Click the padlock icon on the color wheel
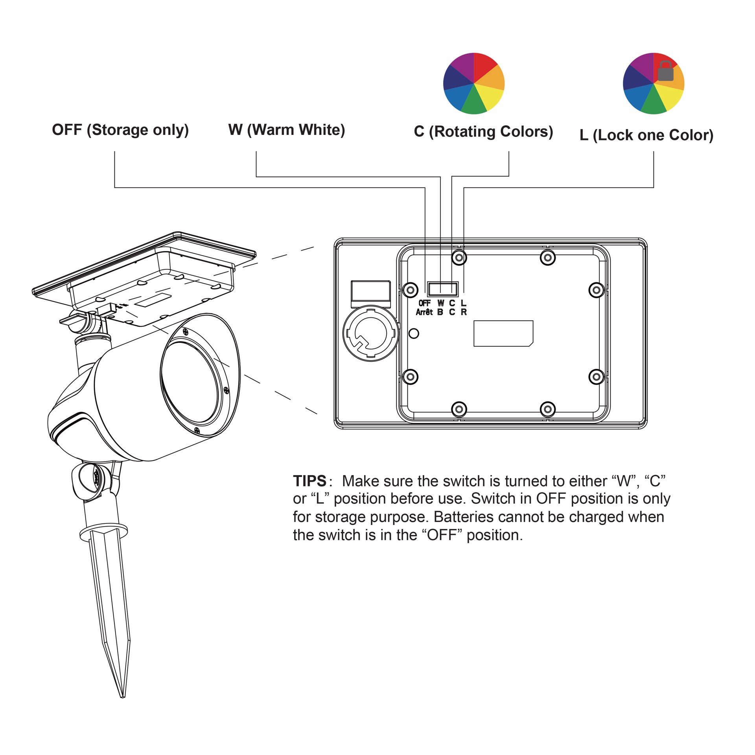(x=666, y=71)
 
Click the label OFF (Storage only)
(x=120, y=130)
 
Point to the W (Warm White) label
(x=287, y=130)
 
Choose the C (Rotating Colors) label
(x=484, y=132)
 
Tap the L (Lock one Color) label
(x=646, y=135)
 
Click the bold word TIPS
(x=310, y=481)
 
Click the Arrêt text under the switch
(x=424, y=312)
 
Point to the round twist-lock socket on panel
(x=370, y=333)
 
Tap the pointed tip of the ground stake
(x=123, y=697)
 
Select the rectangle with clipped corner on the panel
(x=503, y=333)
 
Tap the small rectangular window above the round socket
(x=370, y=291)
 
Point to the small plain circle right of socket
(x=414, y=333)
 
